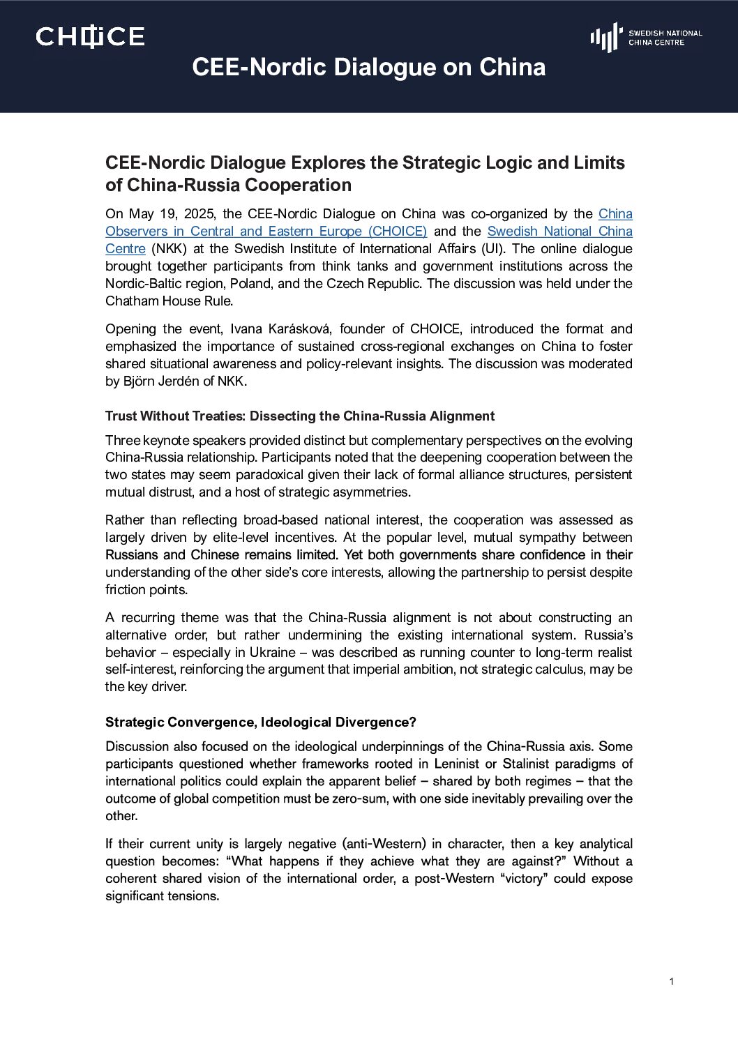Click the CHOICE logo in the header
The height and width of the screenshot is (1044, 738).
[90, 36]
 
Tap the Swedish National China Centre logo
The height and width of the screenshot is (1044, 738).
[646, 37]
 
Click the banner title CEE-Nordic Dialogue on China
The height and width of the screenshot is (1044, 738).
[368, 67]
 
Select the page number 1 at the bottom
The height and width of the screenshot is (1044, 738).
[671, 982]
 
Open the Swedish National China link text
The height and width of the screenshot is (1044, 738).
[559, 232]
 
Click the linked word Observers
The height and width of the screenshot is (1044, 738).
[136, 232]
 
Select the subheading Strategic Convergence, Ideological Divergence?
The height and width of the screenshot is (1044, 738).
[260, 722]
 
